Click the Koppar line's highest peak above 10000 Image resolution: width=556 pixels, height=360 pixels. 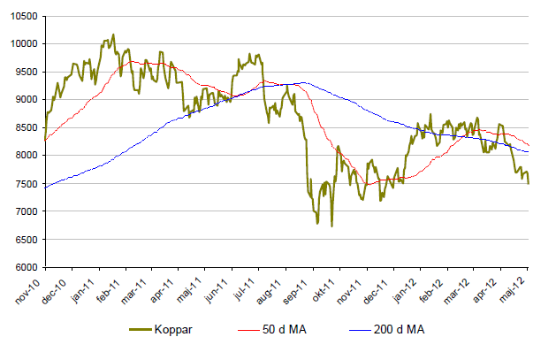(x=112, y=34)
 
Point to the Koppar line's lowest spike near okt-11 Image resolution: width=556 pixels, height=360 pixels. (x=331, y=226)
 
